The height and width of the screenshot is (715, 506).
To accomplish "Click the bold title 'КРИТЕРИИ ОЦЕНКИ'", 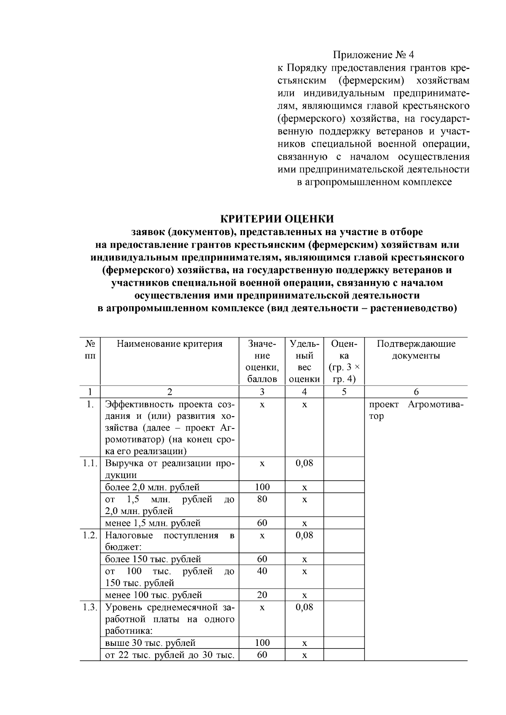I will pyautogui.click(x=277, y=219).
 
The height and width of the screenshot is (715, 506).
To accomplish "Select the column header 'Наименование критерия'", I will pyautogui.click(x=170, y=344).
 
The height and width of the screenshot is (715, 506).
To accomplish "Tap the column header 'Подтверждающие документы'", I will pyautogui.click(x=416, y=350).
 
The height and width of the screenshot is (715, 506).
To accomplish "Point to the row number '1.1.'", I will pyautogui.click(x=90, y=463).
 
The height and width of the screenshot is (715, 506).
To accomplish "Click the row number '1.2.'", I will pyautogui.click(x=90, y=535).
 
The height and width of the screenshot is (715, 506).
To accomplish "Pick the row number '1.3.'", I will pyautogui.click(x=90, y=607).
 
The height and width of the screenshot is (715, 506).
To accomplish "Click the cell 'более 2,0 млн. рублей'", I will pyautogui.click(x=152, y=487).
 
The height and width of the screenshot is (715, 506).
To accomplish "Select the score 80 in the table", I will pyautogui.click(x=262, y=499).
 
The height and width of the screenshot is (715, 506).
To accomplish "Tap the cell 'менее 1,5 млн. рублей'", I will pyautogui.click(x=153, y=523).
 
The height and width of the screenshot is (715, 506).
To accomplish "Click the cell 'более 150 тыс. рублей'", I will pyautogui.click(x=153, y=559).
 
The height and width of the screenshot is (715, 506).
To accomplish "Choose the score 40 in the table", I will pyautogui.click(x=262, y=571).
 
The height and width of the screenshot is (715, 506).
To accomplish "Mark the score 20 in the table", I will pyautogui.click(x=262, y=595).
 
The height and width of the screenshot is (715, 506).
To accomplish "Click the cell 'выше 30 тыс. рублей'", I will pyautogui.click(x=150, y=643).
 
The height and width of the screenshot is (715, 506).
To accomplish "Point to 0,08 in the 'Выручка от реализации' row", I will pyautogui.click(x=304, y=463).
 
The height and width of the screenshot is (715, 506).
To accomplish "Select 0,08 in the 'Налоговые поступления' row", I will pyautogui.click(x=304, y=535).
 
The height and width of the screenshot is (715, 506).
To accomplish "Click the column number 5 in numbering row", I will pyautogui.click(x=344, y=392).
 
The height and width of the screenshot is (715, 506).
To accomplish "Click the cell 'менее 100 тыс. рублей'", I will pyautogui.click(x=153, y=595).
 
